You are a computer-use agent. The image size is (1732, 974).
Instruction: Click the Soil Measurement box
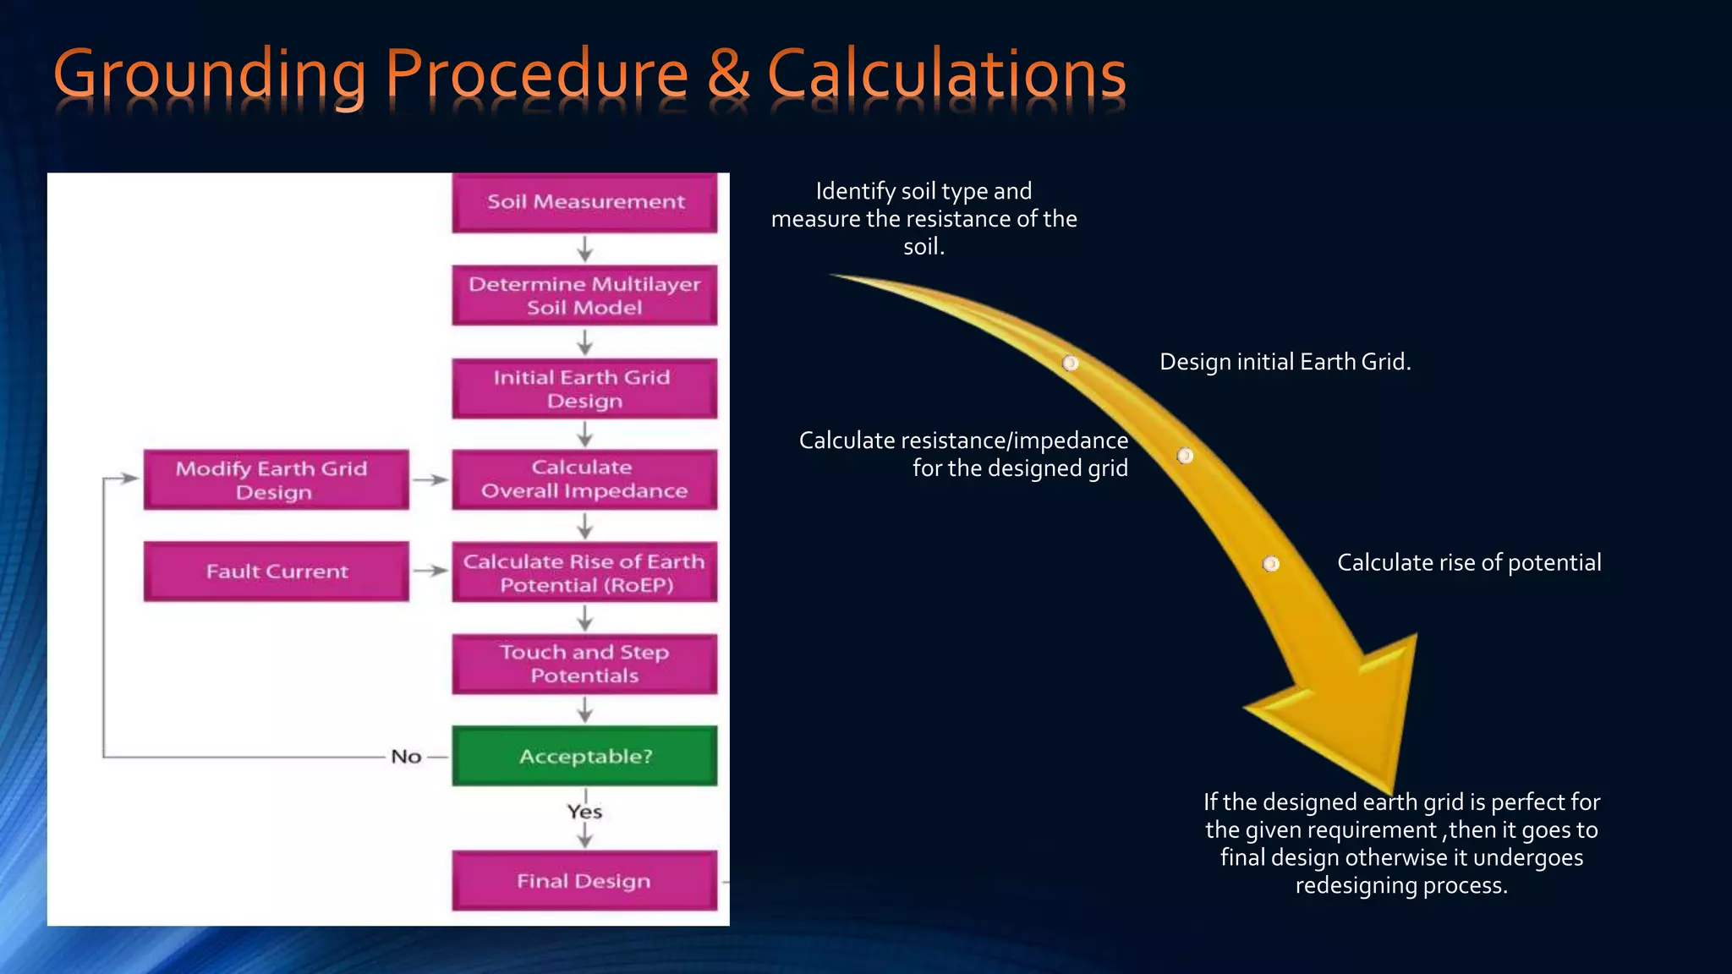click(584, 202)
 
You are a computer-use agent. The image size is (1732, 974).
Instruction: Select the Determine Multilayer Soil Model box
click(584, 295)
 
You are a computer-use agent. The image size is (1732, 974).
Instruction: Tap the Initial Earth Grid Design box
click(584, 389)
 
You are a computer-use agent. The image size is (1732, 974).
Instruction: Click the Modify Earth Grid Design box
click(276, 479)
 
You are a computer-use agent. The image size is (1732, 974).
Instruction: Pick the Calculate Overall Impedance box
click(584, 479)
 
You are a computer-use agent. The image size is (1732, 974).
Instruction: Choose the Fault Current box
click(276, 572)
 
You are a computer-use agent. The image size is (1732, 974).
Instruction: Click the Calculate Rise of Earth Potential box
click(584, 572)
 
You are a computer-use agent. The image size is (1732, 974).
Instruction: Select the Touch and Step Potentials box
click(584, 664)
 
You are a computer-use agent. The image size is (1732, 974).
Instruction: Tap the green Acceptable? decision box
click(584, 756)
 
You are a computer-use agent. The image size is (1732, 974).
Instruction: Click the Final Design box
click(584, 881)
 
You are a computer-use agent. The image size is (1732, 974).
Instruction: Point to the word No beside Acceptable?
click(406, 757)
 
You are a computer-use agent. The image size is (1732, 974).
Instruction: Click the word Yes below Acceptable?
click(584, 812)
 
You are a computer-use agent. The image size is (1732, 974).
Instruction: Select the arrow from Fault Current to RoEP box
click(430, 571)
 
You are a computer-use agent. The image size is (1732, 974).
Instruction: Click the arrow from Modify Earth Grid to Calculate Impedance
click(430, 479)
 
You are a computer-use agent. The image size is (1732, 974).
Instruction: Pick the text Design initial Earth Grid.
click(1285, 362)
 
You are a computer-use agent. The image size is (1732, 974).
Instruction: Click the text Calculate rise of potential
click(1469, 563)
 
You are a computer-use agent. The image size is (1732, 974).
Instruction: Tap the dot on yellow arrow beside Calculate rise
click(1270, 564)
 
